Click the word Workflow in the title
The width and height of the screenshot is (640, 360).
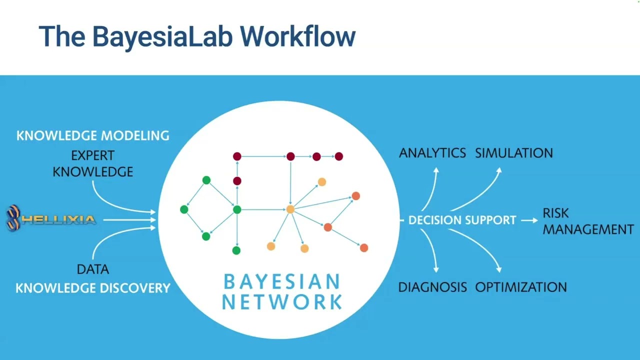[297, 36]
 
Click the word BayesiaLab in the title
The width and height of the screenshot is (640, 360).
[161, 36]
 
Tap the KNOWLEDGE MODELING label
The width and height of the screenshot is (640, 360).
[93, 135]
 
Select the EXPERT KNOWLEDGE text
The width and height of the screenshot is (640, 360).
[93, 163]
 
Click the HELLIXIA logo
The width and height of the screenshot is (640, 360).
[51, 219]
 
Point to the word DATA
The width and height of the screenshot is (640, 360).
[93, 269]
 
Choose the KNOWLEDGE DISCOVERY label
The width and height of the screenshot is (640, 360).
[93, 288]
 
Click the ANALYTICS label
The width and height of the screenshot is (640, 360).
[432, 153]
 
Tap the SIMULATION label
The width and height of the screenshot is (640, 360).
[514, 153]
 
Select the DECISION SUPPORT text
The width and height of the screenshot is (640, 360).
[462, 220]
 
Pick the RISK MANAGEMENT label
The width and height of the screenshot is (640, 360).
[588, 221]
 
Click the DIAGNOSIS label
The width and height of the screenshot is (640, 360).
[432, 287]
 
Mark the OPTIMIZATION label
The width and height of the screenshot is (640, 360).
[521, 287]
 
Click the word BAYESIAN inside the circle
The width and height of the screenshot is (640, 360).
[282, 282]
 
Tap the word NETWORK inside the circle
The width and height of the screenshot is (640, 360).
[282, 302]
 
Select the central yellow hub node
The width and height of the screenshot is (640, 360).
[290, 209]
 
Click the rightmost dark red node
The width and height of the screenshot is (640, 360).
[339, 156]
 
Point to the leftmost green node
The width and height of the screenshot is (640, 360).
[184, 209]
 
